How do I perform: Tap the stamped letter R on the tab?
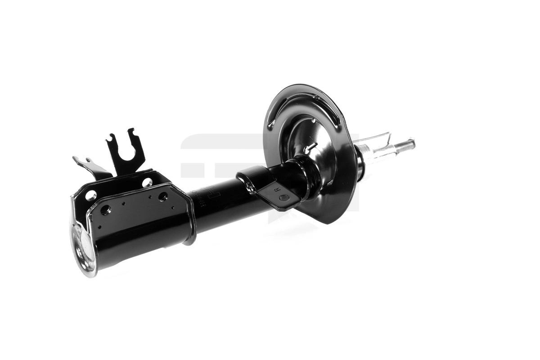tap(276, 189)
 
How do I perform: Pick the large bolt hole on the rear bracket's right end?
tap(147, 182)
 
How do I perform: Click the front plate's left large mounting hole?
tap(105, 210)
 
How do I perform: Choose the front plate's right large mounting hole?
tap(163, 197)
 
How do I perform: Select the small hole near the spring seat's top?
tap(313, 121)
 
